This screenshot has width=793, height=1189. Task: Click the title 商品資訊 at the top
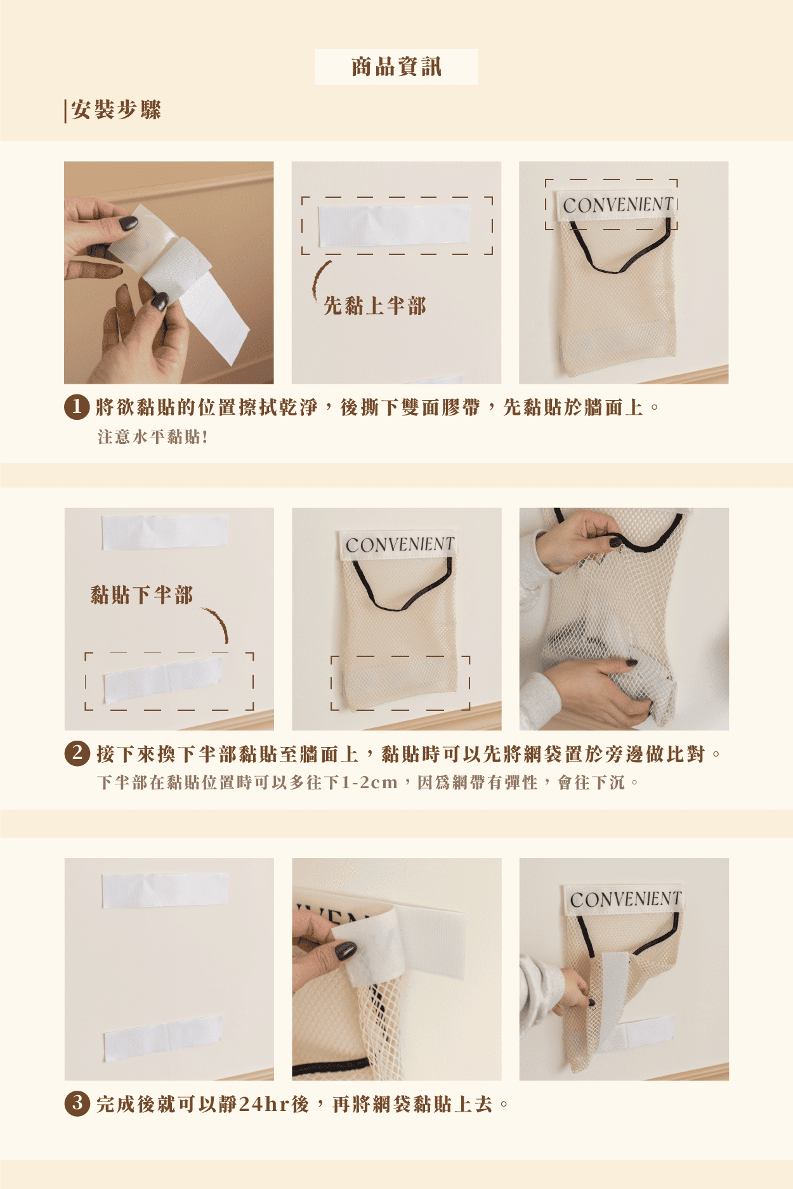(396, 67)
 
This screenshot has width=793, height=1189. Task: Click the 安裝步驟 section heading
(116, 110)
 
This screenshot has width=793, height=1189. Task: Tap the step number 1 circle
(77, 407)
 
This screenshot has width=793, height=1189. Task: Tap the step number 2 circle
(77, 753)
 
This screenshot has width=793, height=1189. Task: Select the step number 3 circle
(77, 1104)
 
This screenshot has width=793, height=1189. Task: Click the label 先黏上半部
(375, 306)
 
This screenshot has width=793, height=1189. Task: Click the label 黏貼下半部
(141, 595)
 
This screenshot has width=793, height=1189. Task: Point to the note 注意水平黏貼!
(152, 437)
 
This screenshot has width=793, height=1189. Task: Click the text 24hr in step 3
(265, 1105)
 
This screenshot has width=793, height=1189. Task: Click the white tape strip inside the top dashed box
(394, 226)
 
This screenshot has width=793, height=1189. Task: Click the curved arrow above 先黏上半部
(320, 280)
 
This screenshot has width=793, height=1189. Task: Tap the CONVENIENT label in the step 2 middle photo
(399, 544)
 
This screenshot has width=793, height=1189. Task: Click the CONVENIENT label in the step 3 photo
(624, 899)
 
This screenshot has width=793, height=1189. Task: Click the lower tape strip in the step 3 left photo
(163, 1037)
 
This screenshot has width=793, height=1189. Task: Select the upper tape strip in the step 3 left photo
(165, 890)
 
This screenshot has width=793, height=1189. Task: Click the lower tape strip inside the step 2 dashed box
(163, 679)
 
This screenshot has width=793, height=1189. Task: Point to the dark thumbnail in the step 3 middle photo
(345, 951)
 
